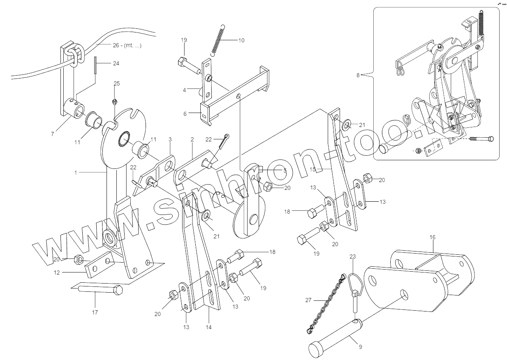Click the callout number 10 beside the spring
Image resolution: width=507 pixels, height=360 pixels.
coord(241,40)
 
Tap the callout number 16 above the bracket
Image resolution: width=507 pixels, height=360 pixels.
coord(432,238)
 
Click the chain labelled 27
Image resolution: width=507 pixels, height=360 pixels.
coord(326,304)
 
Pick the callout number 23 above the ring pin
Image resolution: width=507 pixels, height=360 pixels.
coord(352,256)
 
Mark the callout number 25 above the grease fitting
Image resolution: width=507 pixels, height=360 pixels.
coord(117,83)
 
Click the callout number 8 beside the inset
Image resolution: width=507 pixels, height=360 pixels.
coord(358,76)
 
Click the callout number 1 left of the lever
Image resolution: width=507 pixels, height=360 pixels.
coord(76,173)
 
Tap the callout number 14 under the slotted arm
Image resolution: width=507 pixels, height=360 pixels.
coord(208,327)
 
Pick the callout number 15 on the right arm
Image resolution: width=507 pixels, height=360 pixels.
coord(313,169)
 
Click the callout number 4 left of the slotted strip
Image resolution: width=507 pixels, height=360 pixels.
coord(185,89)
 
